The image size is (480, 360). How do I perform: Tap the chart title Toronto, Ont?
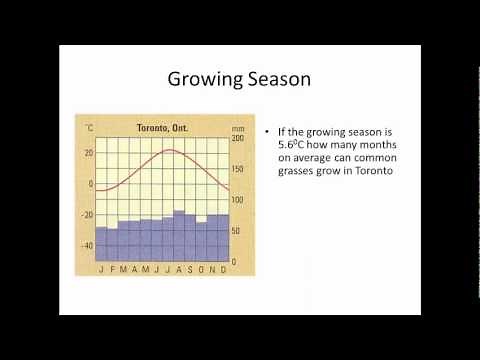(164, 128)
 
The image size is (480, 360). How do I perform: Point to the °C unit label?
(90, 128)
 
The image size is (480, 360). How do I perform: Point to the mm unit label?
(237, 128)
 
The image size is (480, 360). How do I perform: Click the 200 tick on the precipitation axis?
(237, 138)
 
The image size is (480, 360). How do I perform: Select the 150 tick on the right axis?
(237, 169)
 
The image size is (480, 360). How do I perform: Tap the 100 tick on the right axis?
(237, 200)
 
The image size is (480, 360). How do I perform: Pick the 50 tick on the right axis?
(237, 231)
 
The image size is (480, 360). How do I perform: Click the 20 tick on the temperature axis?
(89, 153)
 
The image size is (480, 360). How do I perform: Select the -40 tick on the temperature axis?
(88, 246)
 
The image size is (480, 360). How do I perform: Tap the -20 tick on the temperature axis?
(88, 215)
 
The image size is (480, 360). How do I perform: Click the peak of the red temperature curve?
(171, 150)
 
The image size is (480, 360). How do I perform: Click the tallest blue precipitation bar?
(178, 236)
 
